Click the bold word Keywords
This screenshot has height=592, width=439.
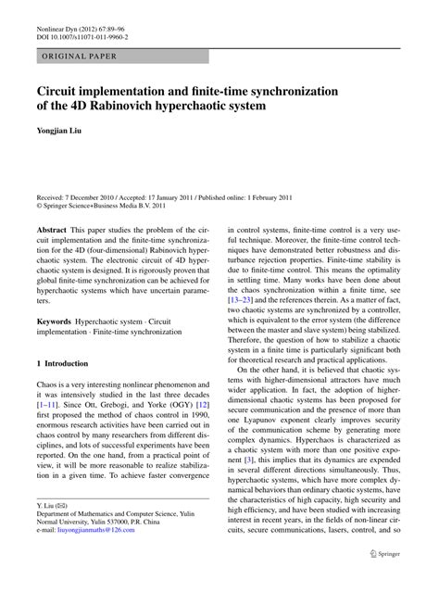(x=55, y=320)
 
